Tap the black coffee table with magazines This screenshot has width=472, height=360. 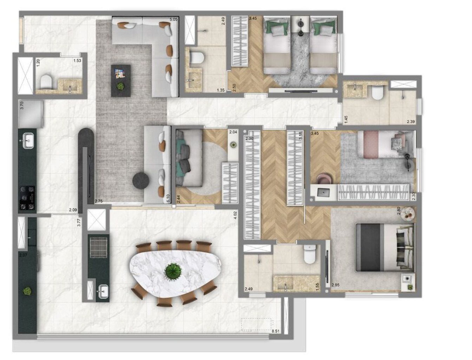pos(120,81)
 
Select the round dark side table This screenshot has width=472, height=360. pos(141,181)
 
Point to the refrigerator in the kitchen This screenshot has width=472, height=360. pos(31,114)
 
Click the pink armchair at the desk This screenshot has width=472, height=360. pos(323,179)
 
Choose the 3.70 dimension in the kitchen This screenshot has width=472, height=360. pos(22,105)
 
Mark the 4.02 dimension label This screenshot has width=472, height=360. pos(235,215)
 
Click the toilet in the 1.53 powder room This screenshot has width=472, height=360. pos(46,83)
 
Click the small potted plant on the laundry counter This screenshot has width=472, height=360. pos(27,291)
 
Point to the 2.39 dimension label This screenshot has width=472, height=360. pos(411,122)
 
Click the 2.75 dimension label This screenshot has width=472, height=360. pos(99,201)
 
